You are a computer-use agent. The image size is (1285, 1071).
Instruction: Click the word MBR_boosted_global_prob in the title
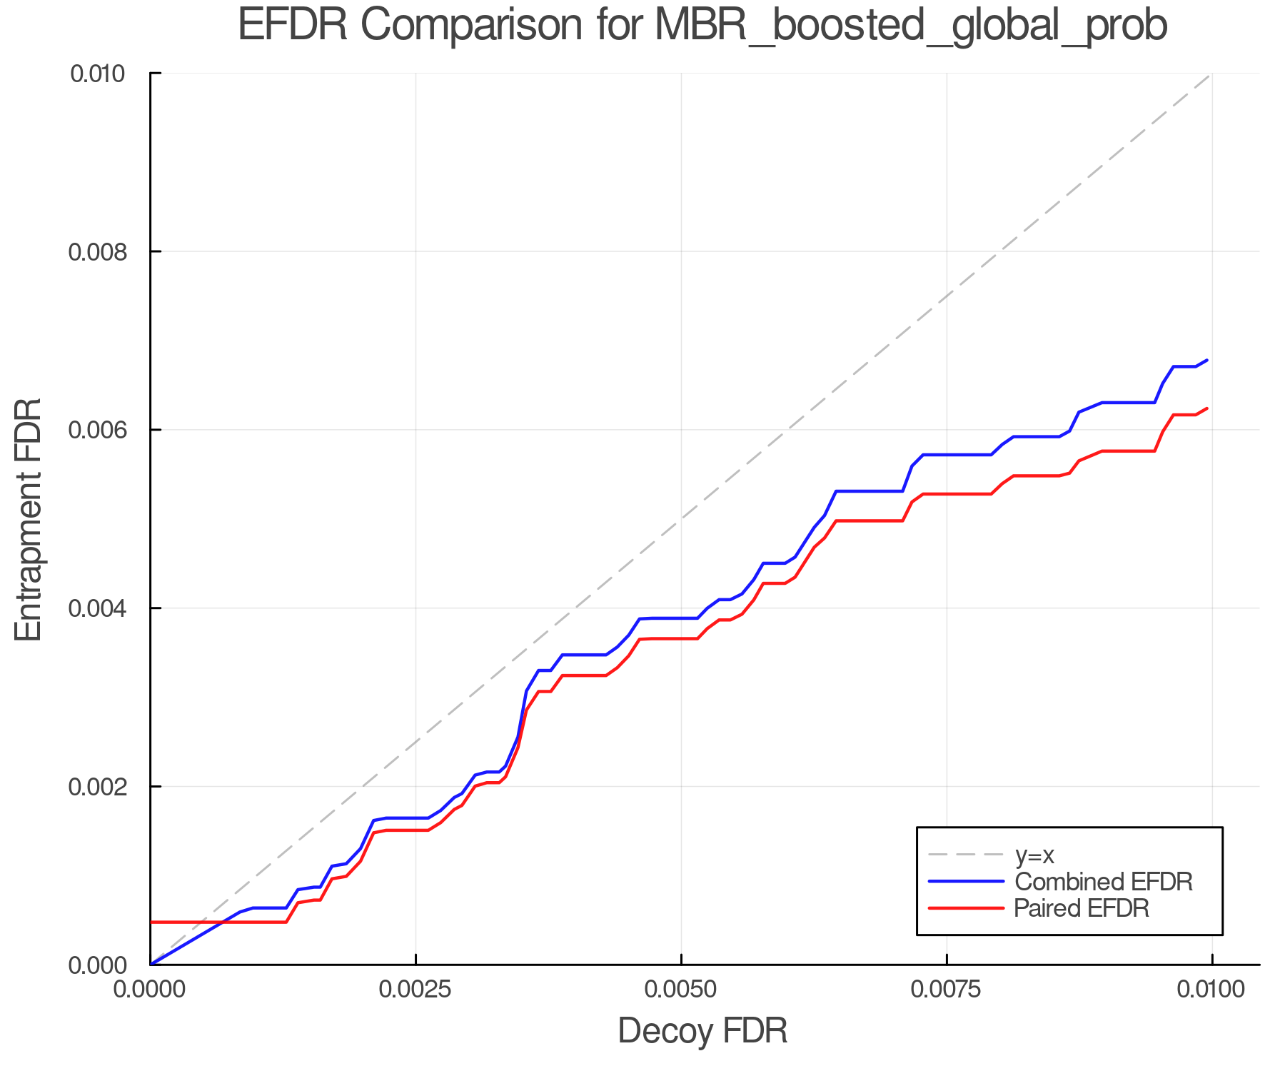point(910,26)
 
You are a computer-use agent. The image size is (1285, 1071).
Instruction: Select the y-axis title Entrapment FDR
point(29,519)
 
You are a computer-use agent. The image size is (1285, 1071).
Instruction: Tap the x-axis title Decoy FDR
point(702,1031)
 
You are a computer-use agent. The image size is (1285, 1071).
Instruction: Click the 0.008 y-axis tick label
point(106,252)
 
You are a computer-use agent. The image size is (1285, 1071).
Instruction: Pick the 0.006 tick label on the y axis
point(106,430)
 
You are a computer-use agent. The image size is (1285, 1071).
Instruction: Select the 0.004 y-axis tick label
point(106,608)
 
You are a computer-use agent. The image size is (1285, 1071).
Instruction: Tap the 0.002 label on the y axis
point(106,787)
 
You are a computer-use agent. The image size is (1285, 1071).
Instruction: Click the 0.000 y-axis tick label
point(106,965)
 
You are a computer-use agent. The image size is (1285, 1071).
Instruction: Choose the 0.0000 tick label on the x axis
point(150,990)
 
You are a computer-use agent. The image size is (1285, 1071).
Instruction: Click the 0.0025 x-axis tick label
point(415,990)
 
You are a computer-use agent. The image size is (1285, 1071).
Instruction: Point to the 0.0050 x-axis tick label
point(681,990)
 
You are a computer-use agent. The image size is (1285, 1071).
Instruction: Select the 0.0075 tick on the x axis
point(947,990)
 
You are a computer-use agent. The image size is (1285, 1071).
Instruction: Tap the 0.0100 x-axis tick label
point(1211,990)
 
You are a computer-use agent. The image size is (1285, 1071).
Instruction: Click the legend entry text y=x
point(1034,855)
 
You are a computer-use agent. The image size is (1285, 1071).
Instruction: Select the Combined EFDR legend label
point(1104,882)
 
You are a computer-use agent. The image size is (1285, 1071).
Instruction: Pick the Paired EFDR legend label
point(1082,908)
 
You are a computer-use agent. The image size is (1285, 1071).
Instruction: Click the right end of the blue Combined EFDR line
point(1207,360)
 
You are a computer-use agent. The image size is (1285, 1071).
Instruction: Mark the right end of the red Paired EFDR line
point(1207,408)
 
